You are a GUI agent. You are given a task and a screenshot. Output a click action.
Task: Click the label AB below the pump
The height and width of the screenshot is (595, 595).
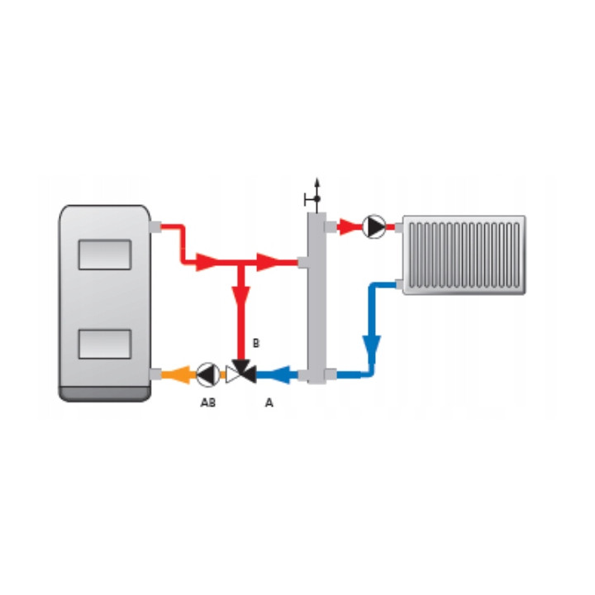pos(208,402)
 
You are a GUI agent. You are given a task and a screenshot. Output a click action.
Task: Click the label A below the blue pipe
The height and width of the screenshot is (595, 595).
pos(269,402)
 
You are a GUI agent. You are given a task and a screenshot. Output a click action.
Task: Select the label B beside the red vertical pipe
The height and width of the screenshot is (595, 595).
pos(256,343)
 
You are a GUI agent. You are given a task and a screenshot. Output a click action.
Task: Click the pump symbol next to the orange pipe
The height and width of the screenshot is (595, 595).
pos(207,375)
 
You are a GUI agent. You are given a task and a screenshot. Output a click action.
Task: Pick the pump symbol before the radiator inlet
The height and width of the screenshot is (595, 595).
pos(374,227)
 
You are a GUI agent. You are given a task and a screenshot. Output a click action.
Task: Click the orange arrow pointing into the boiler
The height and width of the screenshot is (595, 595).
pos(179,375)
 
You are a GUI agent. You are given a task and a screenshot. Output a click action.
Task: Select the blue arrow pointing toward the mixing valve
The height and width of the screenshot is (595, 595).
pos(284,375)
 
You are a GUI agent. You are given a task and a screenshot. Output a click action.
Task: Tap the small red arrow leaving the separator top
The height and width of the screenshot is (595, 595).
pos(349,227)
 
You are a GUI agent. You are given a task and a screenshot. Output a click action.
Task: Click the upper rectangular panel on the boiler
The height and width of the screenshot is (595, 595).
pos(105,255)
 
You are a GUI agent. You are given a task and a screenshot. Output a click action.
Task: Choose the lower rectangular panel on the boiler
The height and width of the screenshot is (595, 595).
pos(105,344)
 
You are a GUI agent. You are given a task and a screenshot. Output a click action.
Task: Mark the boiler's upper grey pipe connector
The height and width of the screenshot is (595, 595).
pos(155,227)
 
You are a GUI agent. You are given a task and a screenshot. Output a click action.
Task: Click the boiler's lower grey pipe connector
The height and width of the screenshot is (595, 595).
pos(155,374)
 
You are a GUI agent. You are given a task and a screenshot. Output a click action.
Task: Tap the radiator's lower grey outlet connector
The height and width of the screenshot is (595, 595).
pos(399,284)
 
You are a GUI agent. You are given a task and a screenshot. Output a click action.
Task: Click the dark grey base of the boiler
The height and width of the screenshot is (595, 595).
pos(105,394)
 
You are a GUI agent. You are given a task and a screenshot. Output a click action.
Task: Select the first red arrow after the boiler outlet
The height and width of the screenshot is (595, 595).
pos(207,262)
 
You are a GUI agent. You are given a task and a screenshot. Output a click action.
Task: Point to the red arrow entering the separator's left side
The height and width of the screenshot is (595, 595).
pos(269,262)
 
